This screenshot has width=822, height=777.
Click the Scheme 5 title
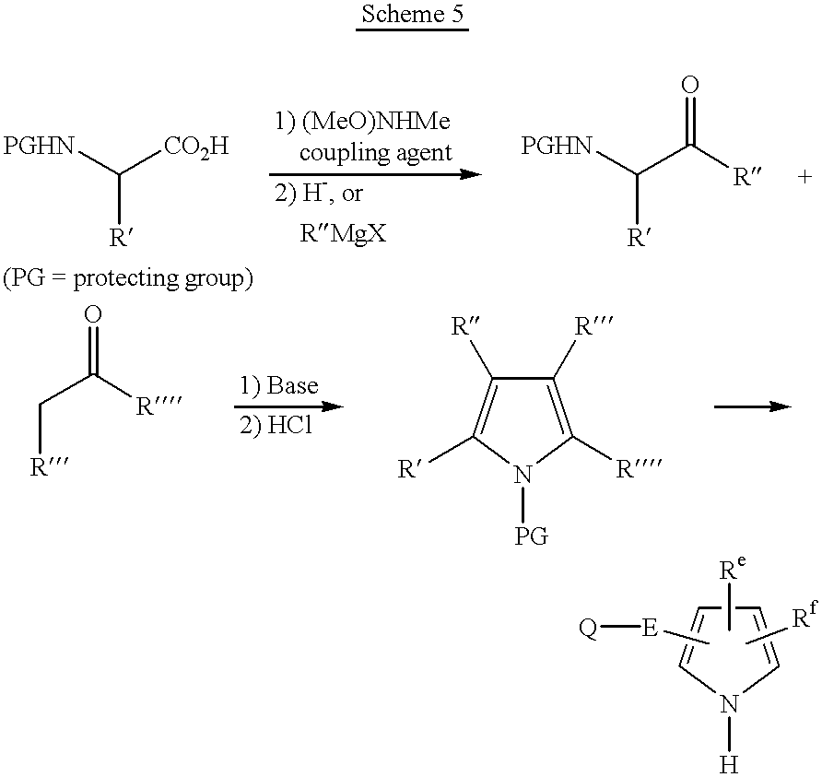click(x=411, y=16)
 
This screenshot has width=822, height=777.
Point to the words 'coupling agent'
click(x=376, y=152)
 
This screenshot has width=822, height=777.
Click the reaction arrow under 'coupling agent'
click(x=374, y=173)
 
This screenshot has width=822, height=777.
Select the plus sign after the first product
click(x=804, y=177)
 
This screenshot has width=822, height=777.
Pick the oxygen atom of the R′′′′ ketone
click(x=92, y=315)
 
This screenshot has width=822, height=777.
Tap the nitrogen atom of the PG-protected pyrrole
click(x=523, y=476)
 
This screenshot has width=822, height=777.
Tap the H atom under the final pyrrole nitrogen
click(x=728, y=763)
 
